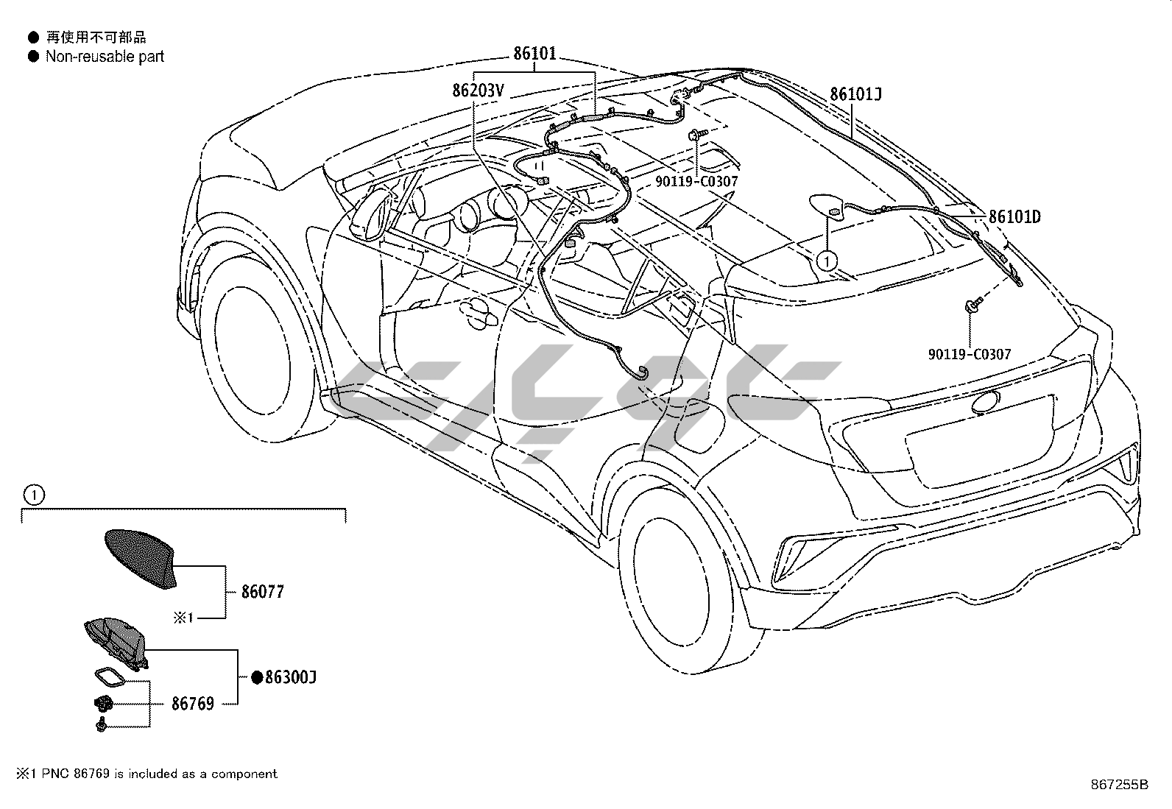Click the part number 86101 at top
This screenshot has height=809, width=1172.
(534, 54)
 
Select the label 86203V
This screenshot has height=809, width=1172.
(478, 91)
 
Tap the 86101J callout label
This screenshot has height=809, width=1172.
(856, 94)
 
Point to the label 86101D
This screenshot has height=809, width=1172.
(1014, 216)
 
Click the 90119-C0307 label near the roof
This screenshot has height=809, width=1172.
(696, 182)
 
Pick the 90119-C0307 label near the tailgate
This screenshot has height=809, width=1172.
(970, 354)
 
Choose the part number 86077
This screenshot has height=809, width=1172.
(262, 592)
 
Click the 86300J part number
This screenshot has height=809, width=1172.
(290, 678)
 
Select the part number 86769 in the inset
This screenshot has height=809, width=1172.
(193, 704)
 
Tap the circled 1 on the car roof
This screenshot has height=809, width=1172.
(827, 261)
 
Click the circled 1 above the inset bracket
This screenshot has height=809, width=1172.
(34, 495)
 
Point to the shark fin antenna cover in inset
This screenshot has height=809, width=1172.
(142, 559)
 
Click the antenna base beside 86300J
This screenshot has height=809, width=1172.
(116, 643)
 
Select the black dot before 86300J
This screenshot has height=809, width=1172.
(257, 678)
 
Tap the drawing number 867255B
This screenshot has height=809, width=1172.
(1119, 785)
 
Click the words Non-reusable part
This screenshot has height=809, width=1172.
(105, 57)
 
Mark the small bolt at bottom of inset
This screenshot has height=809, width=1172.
(102, 725)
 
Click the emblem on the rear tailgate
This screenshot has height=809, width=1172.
(985, 403)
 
